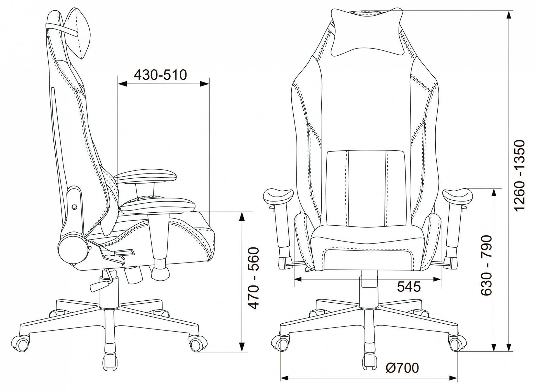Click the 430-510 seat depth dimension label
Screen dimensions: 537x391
point(160,75)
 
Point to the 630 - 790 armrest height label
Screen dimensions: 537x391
point(486,265)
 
